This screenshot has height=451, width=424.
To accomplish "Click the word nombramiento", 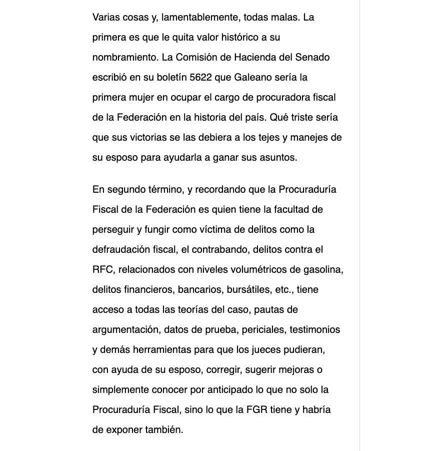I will coord(124,57).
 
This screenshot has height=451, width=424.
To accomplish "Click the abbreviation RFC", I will coord(103,269).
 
